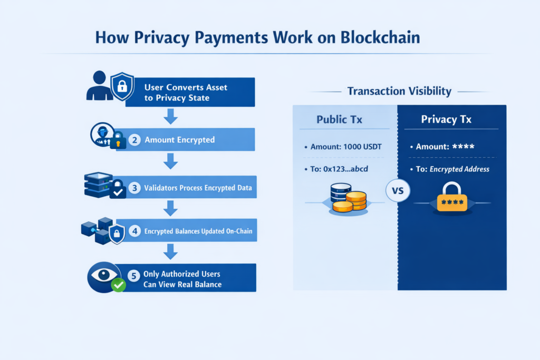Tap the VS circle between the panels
click(398, 190)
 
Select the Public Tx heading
click(339, 120)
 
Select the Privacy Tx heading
click(446, 120)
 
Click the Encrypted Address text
click(459, 169)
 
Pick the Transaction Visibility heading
click(399, 91)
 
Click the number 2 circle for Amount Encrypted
click(135, 140)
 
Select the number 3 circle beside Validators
click(135, 188)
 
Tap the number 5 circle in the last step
click(135, 275)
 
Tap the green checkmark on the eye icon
click(119, 286)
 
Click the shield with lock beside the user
click(122, 86)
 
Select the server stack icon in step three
click(98, 184)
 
